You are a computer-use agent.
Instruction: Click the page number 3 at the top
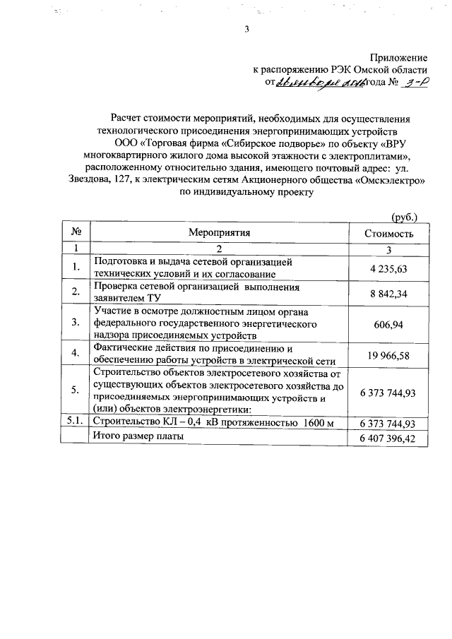(246, 30)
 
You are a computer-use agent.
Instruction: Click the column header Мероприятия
(220, 232)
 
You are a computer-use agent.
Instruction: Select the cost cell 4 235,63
(388, 268)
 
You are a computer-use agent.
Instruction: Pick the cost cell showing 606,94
(388, 323)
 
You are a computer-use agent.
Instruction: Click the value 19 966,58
(388, 355)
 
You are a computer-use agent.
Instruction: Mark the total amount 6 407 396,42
(388, 438)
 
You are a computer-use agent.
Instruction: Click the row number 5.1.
(76, 422)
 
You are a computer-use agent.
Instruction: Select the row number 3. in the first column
(76, 323)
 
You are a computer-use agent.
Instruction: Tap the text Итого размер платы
(138, 437)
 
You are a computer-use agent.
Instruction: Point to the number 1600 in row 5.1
(315, 422)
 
